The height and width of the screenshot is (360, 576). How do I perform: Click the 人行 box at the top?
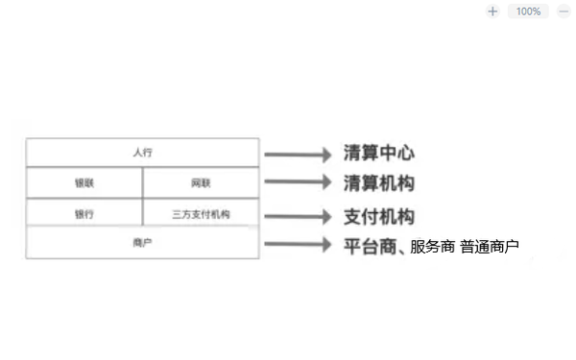click(x=142, y=152)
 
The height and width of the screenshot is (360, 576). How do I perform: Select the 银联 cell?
click(x=84, y=182)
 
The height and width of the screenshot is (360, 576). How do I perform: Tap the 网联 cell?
click(x=201, y=182)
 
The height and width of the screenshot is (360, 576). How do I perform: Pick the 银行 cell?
click(x=84, y=213)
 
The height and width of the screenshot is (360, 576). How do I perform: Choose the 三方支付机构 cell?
click(x=201, y=213)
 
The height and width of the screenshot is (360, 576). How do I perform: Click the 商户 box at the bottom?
click(x=142, y=243)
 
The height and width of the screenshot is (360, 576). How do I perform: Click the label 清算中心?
click(x=379, y=154)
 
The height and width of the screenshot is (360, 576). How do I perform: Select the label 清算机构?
click(x=379, y=182)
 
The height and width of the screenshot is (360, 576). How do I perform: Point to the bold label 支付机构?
click(x=379, y=215)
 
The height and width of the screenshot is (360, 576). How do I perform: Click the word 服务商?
click(x=432, y=247)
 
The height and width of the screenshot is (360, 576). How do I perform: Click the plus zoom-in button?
click(x=492, y=12)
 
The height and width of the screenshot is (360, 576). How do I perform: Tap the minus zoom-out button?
click(x=564, y=12)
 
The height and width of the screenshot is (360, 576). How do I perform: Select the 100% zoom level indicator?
click(x=528, y=12)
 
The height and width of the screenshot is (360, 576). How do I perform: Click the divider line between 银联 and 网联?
click(x=142, y=182)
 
